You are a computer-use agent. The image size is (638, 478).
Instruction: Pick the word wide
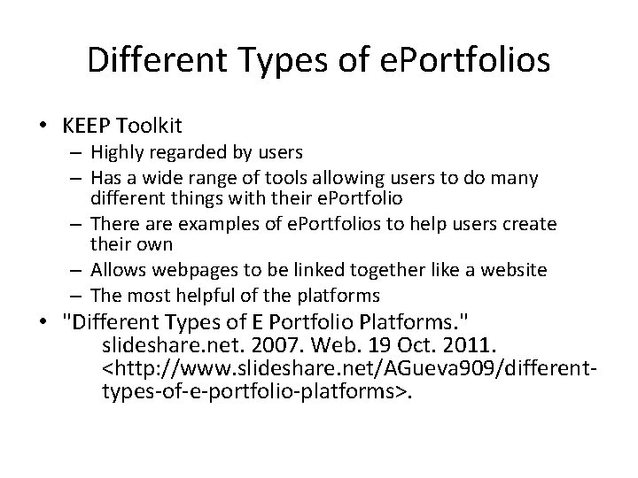(182, 179)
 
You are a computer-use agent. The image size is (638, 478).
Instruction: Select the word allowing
(371, 179)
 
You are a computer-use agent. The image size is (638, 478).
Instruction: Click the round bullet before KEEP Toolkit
(43, 125)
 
